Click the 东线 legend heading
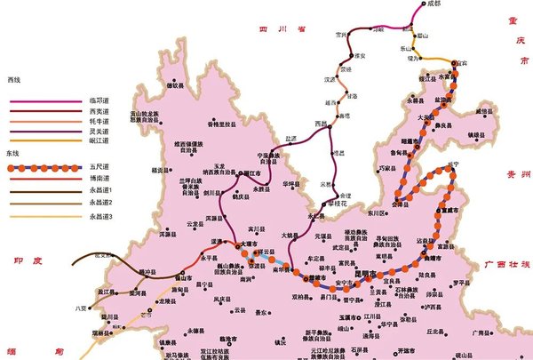click(13, 153)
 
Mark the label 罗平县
click(459, 283)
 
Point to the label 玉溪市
click(348, 316)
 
